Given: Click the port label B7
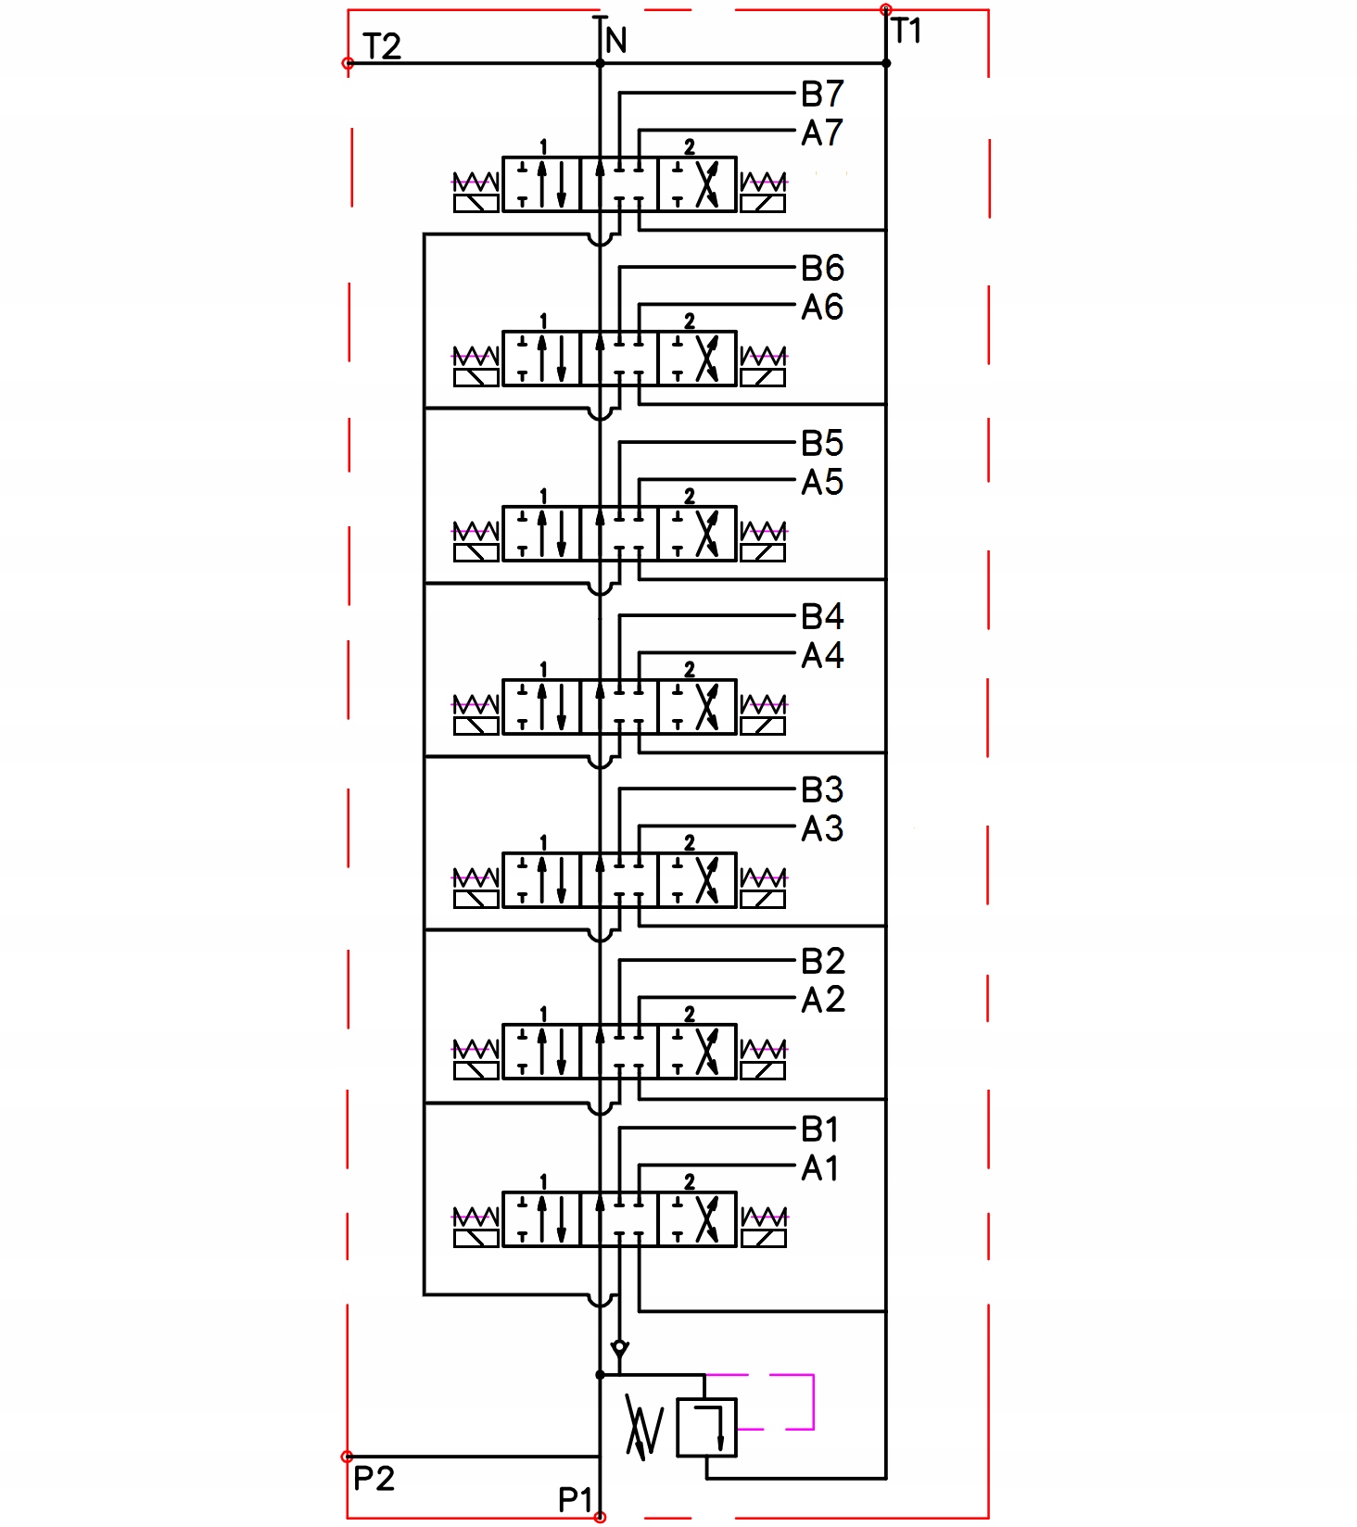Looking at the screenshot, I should point(822,95).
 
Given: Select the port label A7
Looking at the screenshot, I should point(822,133).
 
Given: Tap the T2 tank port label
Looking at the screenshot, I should point(382,46).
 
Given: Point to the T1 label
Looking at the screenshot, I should point(907,32).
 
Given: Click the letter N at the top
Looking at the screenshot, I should point(616,41).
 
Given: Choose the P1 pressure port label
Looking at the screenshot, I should point(575,1498).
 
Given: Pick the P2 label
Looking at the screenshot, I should point(374,1478).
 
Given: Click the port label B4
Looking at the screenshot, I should point(822,617).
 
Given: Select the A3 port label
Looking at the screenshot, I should point(822,828).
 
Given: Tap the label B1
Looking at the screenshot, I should point(820,1129).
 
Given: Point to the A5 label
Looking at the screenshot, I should point(822,483).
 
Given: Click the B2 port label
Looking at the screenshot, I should point(823,962).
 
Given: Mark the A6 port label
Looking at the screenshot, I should point(822,308).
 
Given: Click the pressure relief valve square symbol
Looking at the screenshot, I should point(706,1428).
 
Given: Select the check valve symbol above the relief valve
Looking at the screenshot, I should point(620,1347).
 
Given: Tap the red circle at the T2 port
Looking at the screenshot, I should point(348,64).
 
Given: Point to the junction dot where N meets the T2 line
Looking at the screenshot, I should point(600,64).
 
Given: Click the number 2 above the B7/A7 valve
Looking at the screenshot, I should point(690,146).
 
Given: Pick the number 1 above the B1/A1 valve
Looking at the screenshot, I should point(543,1182).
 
